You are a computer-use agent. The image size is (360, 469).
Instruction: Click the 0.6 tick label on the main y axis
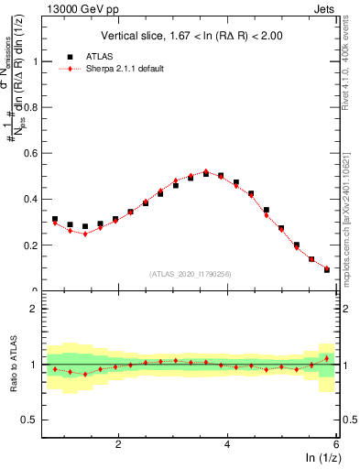tap(31, 153)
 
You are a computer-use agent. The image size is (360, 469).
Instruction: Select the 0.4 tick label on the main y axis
tap(31, 199)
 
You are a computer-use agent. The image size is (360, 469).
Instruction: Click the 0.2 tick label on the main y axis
tap(31, 245)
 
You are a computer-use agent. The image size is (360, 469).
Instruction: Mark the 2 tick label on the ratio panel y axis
tap(34, 310)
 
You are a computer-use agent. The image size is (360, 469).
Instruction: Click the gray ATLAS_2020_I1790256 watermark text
tap(191, 273)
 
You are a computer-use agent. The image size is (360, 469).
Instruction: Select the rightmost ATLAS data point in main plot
tap(327, 268)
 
